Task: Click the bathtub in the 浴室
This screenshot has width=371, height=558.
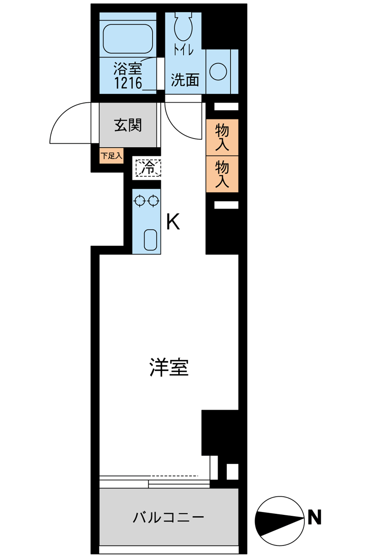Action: coord(128,39)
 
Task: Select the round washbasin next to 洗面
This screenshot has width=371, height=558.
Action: coord(218,71)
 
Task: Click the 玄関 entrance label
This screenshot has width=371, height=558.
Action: coord(128,125)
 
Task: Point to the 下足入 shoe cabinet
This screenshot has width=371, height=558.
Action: coord(111,156)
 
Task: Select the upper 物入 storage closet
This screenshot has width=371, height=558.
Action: coord(222,137)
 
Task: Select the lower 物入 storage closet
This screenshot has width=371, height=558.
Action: coord(222,174)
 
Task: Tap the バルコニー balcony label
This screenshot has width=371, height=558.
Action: coord(169,517)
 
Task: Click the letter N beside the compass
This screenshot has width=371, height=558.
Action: coord(314,517)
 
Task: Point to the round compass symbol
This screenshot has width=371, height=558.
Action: coord(280,521)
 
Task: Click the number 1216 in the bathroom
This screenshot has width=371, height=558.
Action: coord(128,83)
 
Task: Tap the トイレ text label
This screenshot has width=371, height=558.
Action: coord(184,49)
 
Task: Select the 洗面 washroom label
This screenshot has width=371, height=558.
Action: coord(185,80)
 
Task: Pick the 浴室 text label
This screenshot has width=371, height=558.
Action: coord(128,68)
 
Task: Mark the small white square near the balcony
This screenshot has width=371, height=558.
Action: coord(232,472)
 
